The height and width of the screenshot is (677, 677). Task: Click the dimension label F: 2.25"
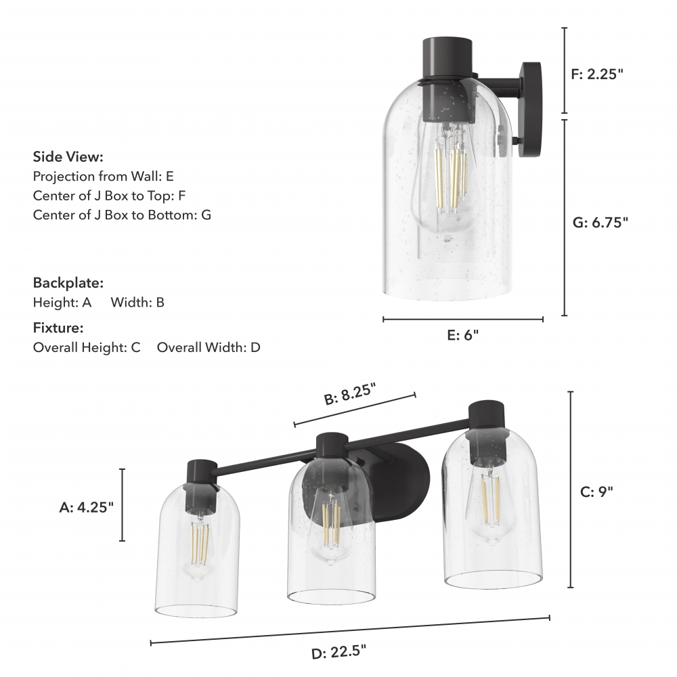597,74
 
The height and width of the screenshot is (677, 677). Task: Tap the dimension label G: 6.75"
600,222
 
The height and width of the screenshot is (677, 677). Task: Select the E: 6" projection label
463,335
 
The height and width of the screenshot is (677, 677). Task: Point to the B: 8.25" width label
350,394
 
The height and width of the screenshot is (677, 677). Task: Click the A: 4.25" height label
87,507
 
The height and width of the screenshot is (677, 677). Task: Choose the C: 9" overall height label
596,492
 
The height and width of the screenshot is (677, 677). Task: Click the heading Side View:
68,157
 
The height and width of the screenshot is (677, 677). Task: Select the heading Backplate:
68,283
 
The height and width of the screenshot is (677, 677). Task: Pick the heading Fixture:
58,328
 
